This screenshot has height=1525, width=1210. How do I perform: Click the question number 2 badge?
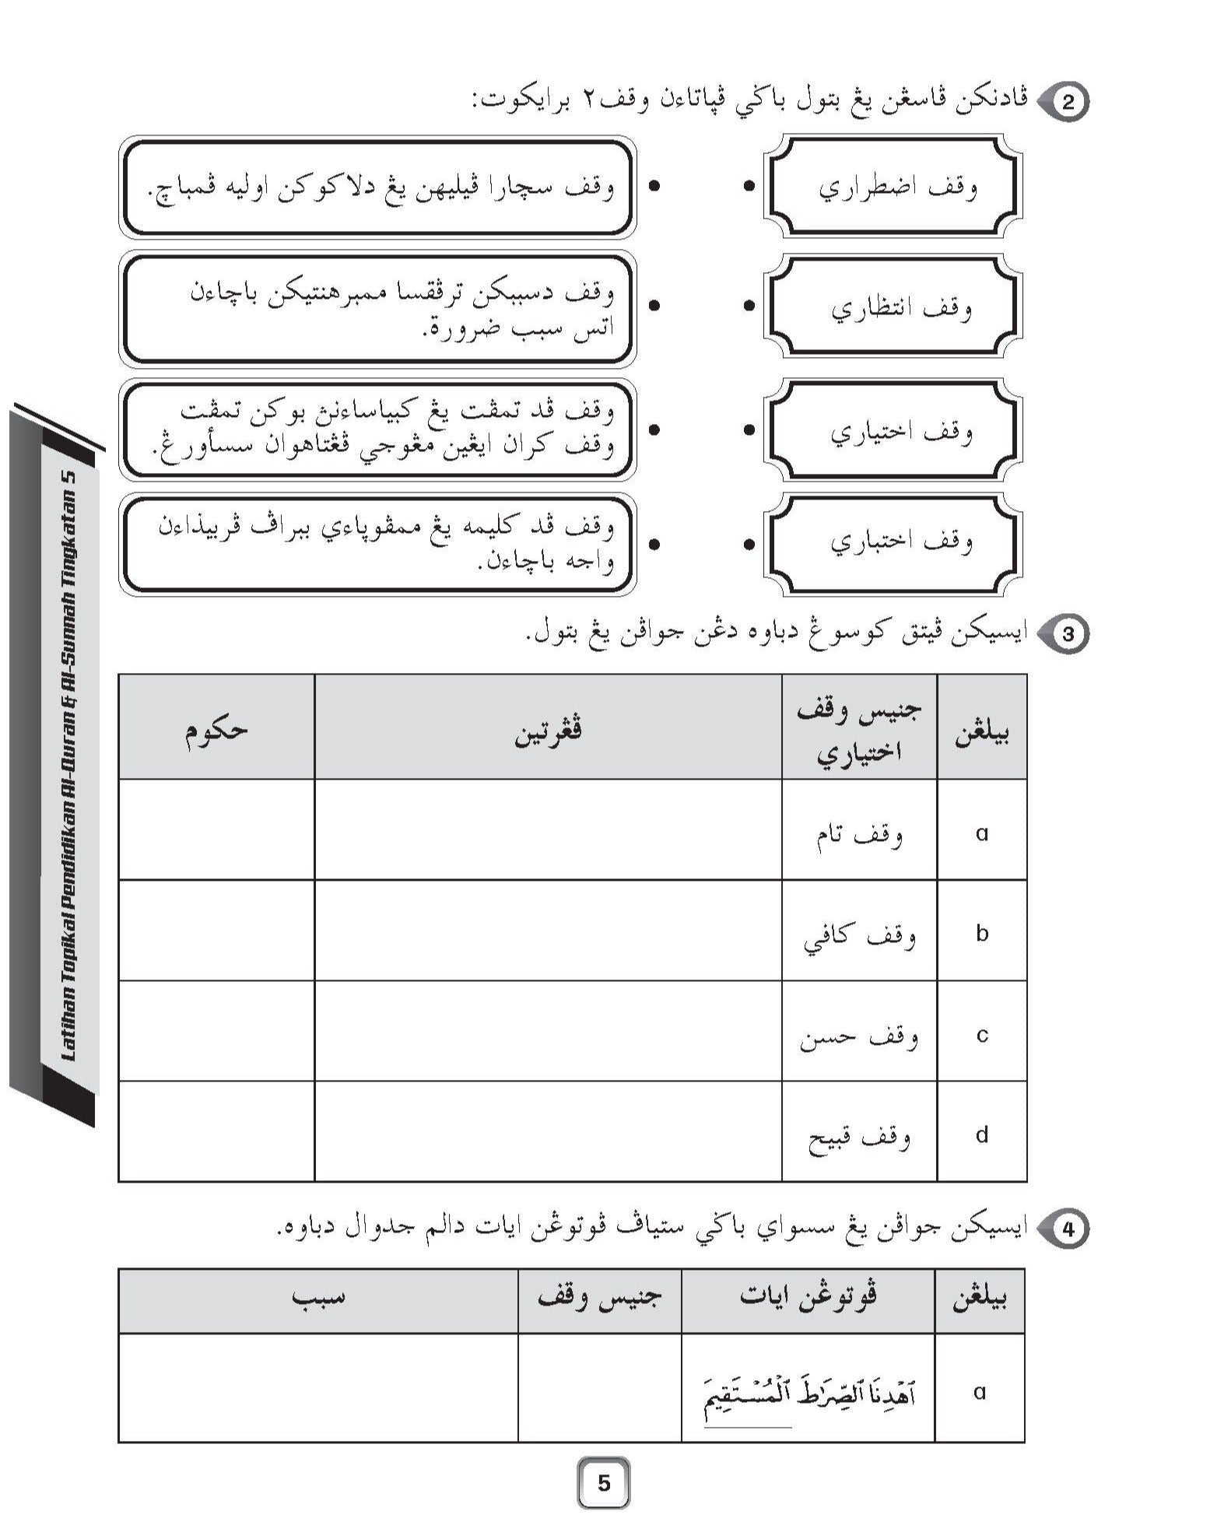click(1068, 103)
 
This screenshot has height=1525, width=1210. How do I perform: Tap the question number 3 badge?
click(1068, 634)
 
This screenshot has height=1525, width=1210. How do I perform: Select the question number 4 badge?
click(1068, 1229)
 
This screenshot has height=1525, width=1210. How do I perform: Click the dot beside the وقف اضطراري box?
click(749, 187)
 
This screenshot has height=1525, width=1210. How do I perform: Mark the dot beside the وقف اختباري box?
click(749, 545)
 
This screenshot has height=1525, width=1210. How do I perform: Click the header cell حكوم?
click(216, 727)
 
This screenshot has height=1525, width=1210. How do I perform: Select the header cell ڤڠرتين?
click(548, 727)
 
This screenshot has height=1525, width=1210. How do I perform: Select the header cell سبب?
click(317, 1295)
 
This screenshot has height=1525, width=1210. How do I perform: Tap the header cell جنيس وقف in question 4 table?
click(599, 1295)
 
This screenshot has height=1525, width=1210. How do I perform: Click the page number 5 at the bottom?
click(604, 1483)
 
